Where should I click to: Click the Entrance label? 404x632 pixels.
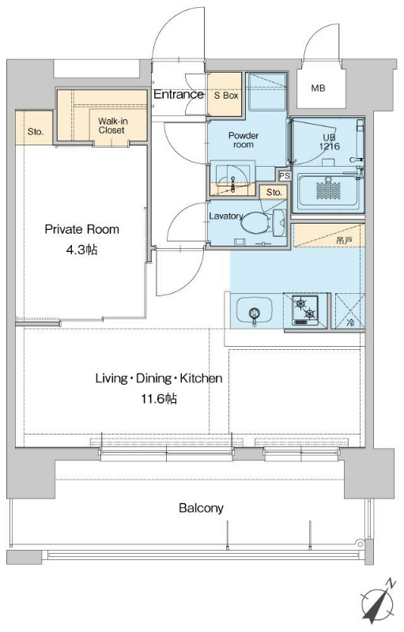179,94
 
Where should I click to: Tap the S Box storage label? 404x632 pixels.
226,96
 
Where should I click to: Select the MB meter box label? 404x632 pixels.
318,88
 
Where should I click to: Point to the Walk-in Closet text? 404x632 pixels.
111,126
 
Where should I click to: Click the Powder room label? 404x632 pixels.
244,140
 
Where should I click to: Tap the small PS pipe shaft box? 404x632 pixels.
285,175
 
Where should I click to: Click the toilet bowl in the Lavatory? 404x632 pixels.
256,222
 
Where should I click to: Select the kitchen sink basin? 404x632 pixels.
254,310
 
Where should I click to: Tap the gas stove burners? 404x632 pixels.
305,310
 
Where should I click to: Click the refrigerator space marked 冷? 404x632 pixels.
350,310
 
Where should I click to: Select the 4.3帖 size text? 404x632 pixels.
82,250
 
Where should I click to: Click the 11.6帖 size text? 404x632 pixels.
158,399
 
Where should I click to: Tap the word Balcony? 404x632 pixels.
201,508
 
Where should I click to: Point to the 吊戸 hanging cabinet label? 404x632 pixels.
344,241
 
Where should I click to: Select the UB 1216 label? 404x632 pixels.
330,142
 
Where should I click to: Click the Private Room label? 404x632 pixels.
82,229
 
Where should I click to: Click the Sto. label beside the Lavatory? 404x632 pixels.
274,192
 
